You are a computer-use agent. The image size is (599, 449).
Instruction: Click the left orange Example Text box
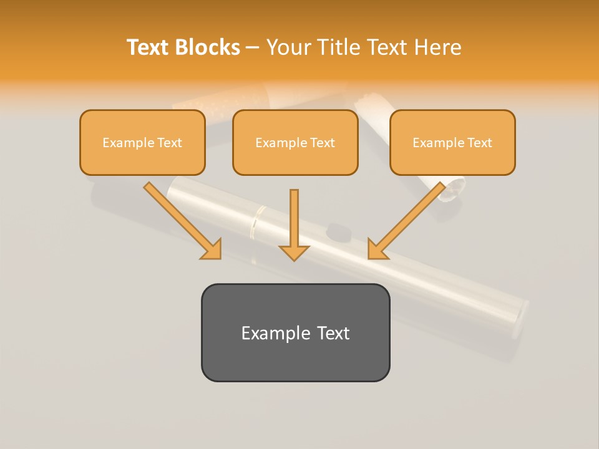pos(142,142)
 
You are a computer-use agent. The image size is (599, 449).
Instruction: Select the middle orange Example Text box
pos(295,142)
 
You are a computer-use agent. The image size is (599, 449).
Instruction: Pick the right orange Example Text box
pos(452,142)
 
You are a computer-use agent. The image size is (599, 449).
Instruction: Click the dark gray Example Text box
pos(295,332)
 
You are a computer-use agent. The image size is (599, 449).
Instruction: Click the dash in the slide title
pos(253,48)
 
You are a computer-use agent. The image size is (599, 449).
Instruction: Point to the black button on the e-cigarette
pos(338,231)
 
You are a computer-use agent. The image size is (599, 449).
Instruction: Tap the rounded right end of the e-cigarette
pos(521,318)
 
